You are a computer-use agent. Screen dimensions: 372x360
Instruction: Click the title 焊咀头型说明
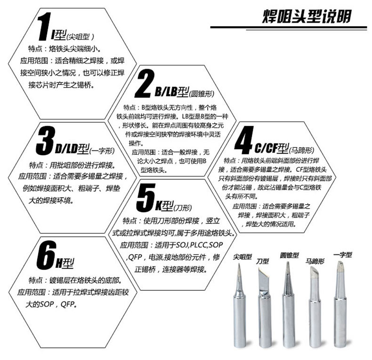307,16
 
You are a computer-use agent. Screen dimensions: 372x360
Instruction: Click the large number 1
45,26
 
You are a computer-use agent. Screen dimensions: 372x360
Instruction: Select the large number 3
45,140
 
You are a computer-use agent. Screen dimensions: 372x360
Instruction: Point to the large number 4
244,140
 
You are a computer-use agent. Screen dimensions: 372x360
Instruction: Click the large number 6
46,255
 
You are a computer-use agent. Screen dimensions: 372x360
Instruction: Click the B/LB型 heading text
172,92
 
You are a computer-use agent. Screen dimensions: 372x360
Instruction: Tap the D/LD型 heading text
72,149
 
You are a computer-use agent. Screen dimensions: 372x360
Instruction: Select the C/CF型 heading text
272,148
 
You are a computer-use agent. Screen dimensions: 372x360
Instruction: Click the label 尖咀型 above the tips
242,256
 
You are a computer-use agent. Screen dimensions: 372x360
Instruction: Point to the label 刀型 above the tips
262,261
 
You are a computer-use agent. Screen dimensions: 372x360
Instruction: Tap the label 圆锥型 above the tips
289,255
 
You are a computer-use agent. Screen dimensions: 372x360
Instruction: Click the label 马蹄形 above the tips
315,261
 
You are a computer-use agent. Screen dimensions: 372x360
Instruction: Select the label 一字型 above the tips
343,255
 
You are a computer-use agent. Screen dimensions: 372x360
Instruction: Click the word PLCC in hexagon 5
199,245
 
